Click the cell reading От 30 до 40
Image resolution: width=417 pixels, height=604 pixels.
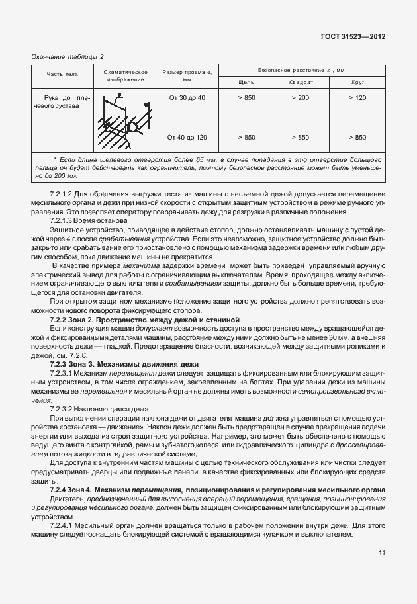pos(187,98)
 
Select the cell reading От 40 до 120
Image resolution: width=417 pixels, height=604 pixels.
pos(187,137)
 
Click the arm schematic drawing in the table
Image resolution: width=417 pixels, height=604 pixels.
pos(123,119)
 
